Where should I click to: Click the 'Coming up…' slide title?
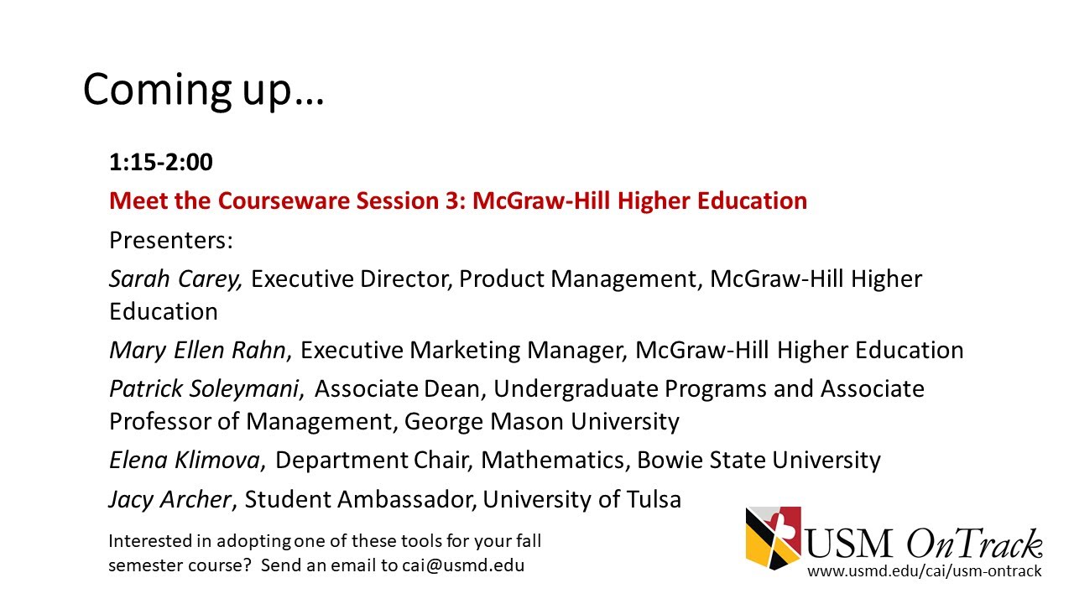203,89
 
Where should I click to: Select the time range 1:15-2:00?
160,162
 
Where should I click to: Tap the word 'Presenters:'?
170,241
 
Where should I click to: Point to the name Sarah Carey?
175,279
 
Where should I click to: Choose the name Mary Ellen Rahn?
197,350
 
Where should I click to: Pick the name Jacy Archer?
169,500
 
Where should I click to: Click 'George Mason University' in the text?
541,421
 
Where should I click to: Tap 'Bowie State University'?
759,461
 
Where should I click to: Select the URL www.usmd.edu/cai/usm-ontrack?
924,571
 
